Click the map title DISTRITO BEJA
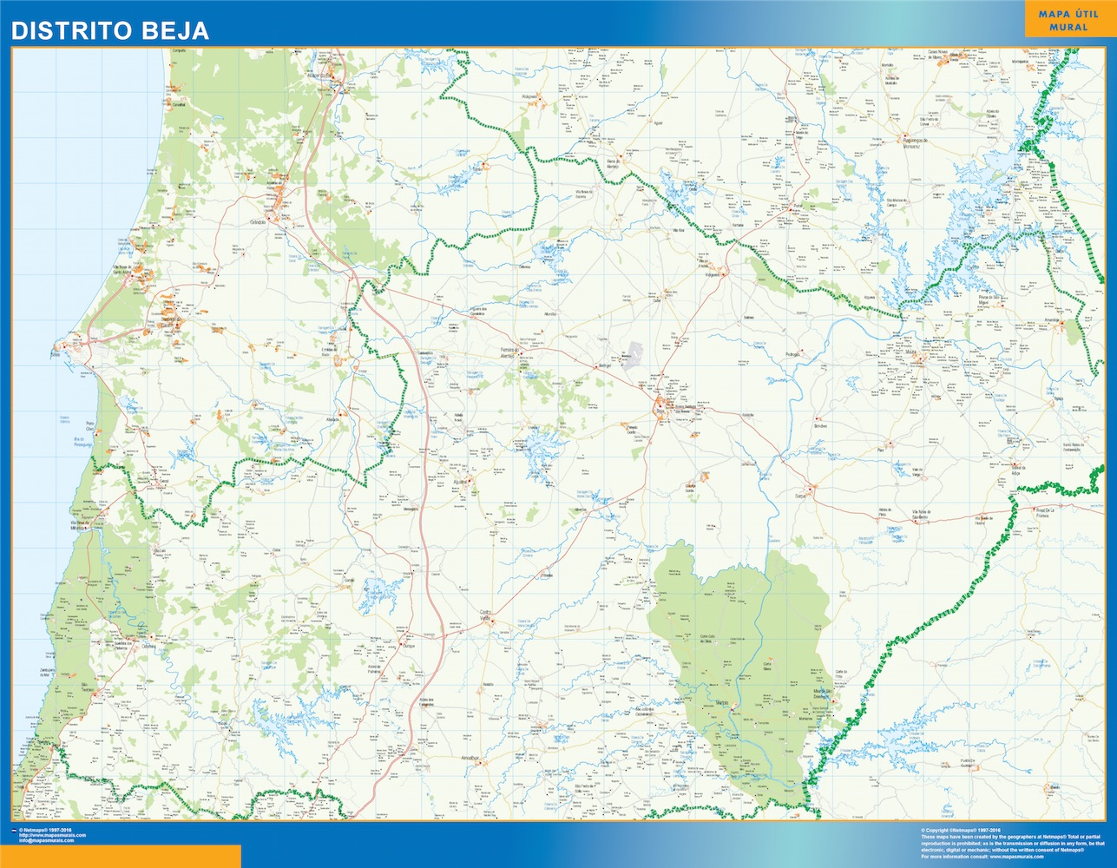[x=109, y=30]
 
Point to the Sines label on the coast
[x=56, y=353]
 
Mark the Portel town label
[x=798, y=207]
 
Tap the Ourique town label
[x=411, y=647]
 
